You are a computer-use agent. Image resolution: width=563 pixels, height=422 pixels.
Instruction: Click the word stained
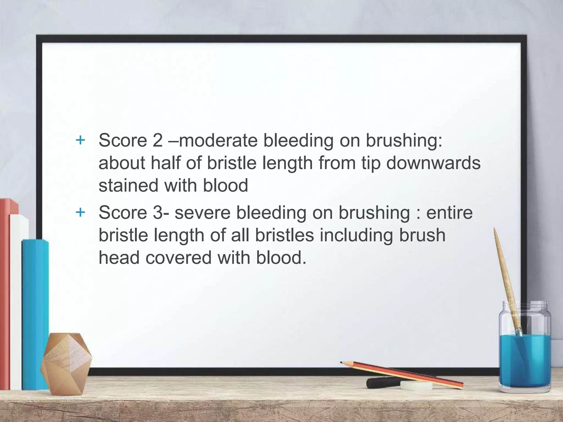(128, 185)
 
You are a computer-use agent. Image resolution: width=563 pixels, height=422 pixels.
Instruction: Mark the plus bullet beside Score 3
(80, 212)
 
